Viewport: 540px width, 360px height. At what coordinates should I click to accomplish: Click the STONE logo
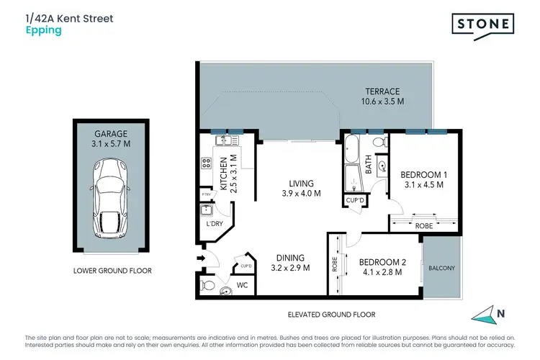pos(483,24)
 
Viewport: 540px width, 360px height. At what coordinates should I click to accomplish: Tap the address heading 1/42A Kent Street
pos(70,17)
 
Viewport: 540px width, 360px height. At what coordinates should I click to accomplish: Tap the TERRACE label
pos(382,91)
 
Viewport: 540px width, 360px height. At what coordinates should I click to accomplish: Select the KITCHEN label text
pos(223,174)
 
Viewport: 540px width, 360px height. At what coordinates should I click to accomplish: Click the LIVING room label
pos(300,183)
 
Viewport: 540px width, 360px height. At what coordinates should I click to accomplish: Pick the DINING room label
pos(290,258)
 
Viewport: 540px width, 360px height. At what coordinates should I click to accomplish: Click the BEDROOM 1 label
pos(424,175)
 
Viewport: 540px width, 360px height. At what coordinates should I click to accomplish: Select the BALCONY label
pos(441,268)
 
